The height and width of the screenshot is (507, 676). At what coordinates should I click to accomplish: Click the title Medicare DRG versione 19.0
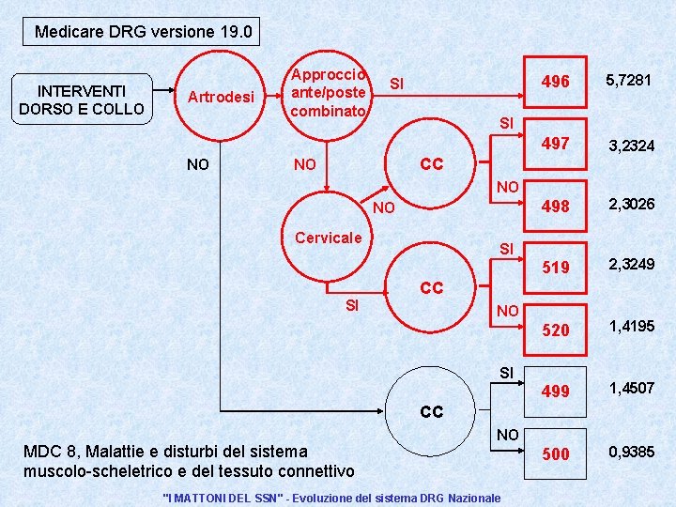coord(143,32)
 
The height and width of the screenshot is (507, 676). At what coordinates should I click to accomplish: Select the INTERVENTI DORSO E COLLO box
coord(82,100)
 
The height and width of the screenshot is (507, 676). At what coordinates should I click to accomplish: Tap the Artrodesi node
coord(221,97)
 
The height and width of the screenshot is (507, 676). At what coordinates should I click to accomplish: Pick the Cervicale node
coord(327,238)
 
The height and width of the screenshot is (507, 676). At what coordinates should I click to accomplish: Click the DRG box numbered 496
coord(556,83)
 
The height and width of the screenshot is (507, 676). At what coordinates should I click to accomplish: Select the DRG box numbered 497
coord(556,144)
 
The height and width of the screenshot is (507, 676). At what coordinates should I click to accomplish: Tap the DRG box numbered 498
coord(556,206)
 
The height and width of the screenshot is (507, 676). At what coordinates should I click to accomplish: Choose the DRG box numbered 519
coord(556,268)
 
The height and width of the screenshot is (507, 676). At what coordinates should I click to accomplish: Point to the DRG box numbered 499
coord(556,392)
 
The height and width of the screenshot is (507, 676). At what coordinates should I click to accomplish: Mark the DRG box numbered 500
coord(556,453)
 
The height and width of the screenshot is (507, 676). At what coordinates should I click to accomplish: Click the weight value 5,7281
coord(629,81)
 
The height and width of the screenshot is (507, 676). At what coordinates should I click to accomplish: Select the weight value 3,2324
coord(632,146)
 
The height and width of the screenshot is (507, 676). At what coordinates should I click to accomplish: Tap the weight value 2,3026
coord(632,204)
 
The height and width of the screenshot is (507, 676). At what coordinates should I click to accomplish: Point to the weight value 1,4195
coord(632,326)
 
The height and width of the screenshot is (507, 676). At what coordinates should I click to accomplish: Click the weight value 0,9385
coord(632,452)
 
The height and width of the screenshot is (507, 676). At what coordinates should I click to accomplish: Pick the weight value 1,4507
coord(632,387)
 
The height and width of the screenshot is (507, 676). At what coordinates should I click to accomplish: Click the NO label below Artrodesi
coord(198,164)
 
